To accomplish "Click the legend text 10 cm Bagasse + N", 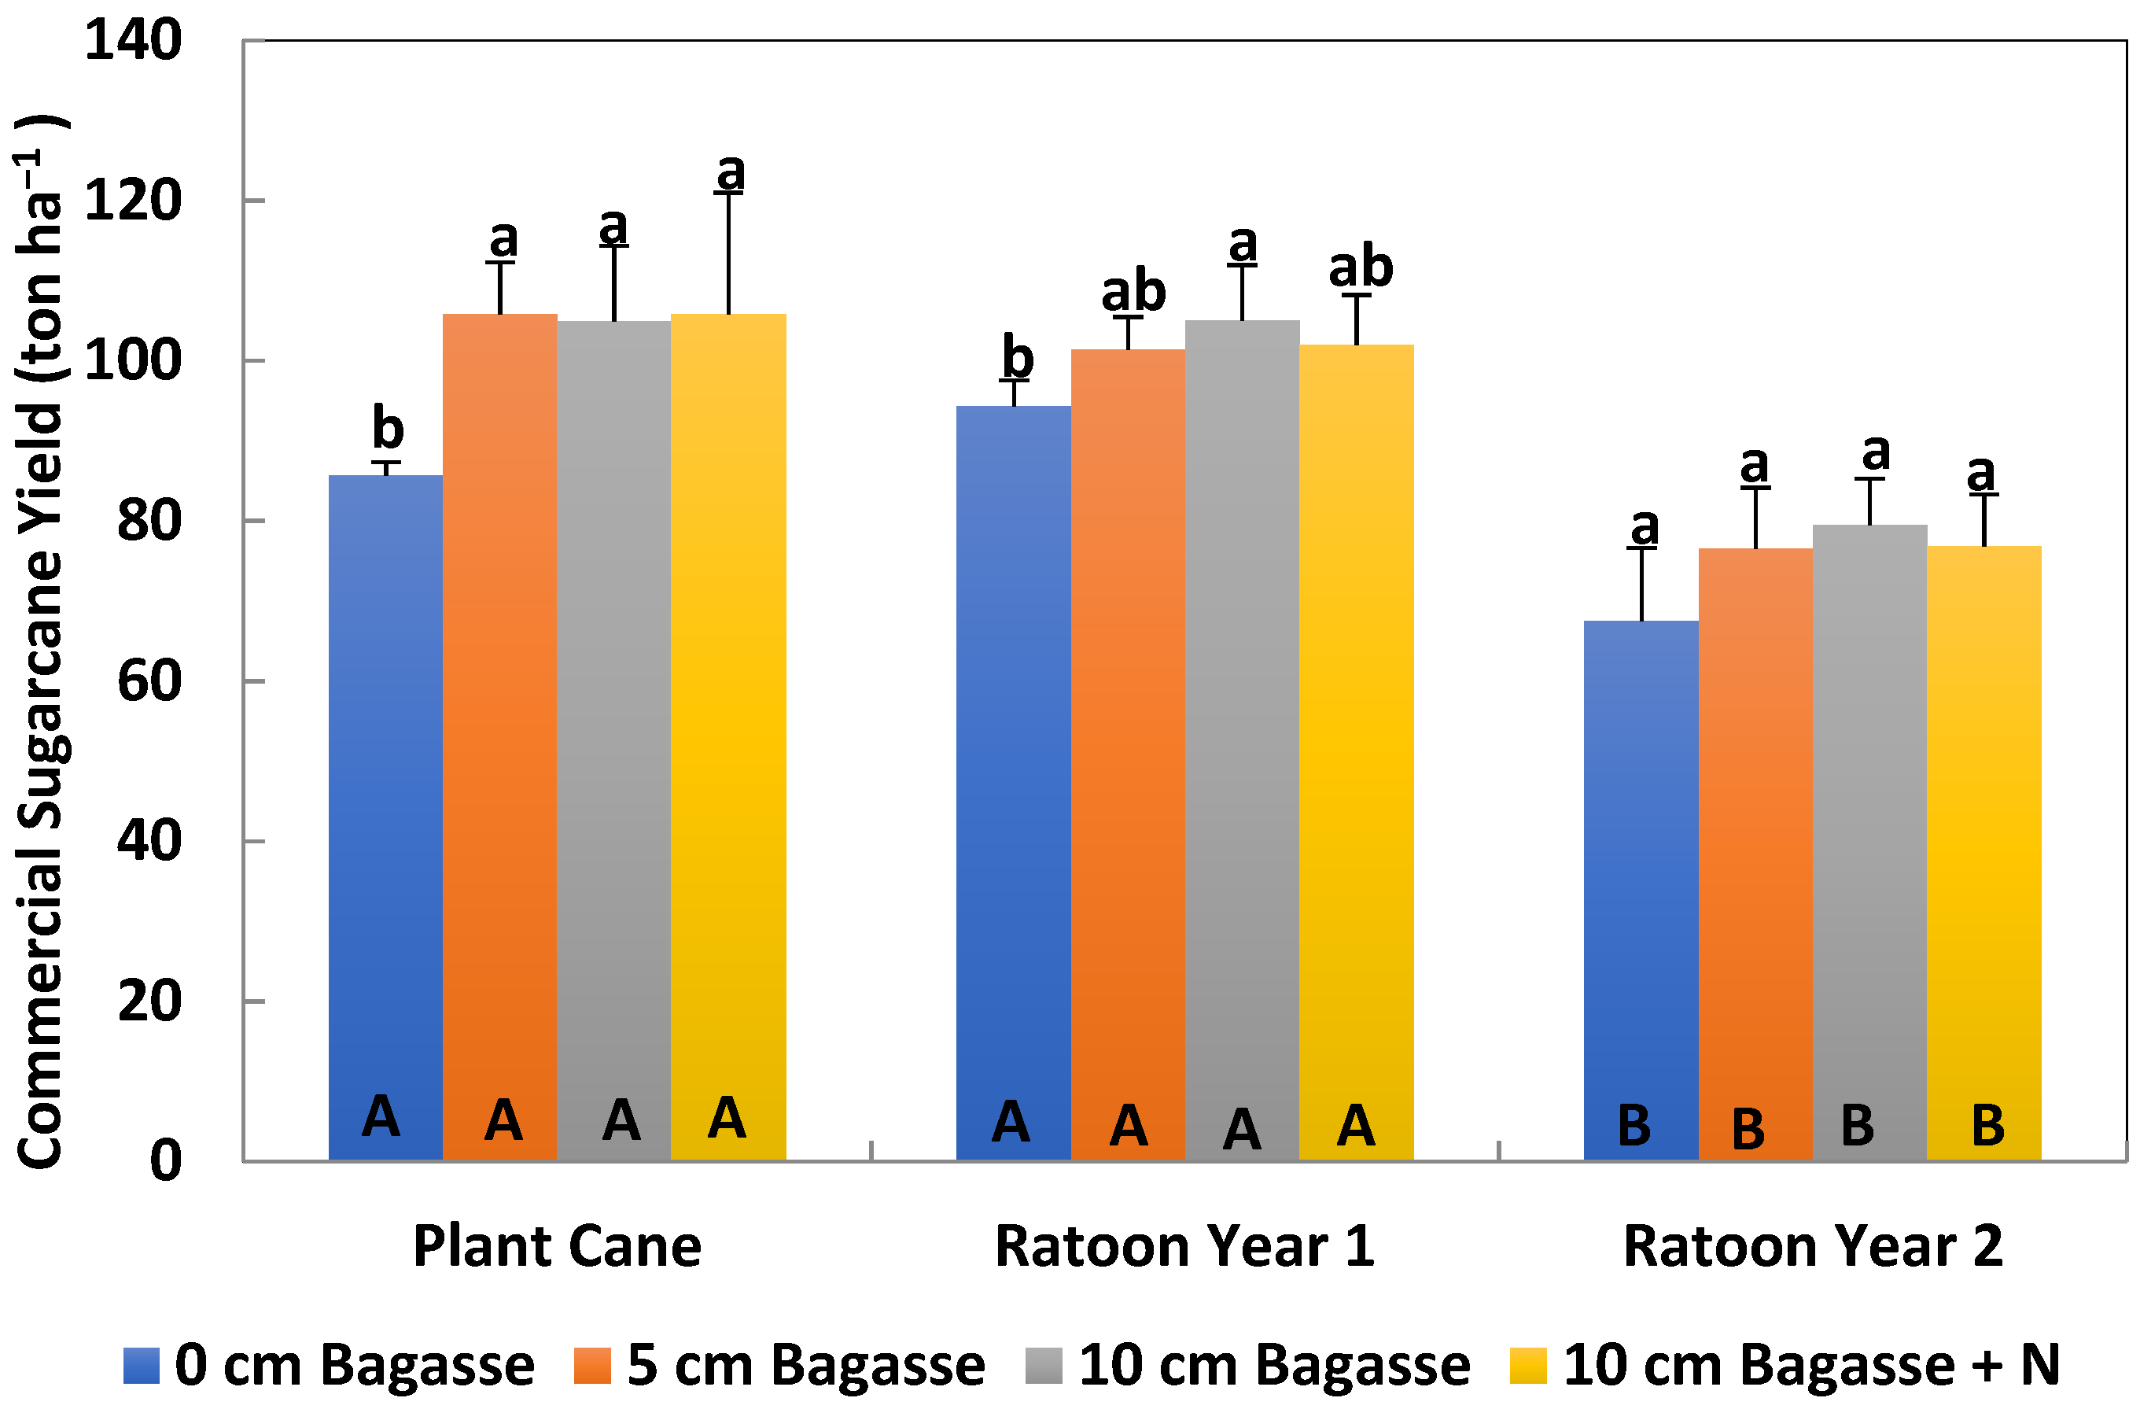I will coord(1812,1365).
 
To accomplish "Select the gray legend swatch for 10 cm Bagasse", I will coord(1043,1366).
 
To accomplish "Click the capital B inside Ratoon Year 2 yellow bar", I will coord(1987,1124).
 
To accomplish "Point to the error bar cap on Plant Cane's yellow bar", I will coord(728,194).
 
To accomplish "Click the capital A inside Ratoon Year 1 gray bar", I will coord(1241,1128).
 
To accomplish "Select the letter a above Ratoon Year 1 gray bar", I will coord(1243,244).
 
